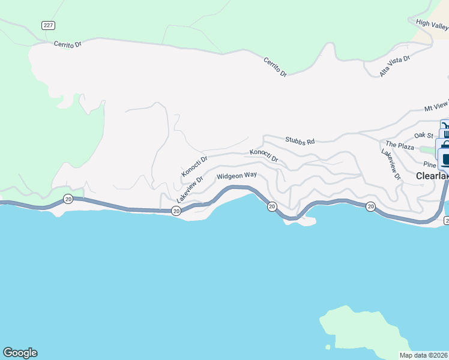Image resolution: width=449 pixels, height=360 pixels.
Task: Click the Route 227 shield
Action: [48, 25]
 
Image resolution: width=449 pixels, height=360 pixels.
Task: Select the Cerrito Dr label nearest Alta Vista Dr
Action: [275, 66]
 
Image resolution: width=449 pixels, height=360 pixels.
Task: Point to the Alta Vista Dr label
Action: [394, 67]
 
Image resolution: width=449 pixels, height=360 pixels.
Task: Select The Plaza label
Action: [400, 145]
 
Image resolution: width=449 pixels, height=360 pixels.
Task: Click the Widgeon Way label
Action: [237, 176]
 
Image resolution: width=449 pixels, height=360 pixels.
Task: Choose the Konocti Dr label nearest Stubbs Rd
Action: [264, 156]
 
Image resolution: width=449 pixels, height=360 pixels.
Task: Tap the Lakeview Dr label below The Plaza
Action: [391, 164]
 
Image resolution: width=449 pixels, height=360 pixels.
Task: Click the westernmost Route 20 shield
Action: [68, 199]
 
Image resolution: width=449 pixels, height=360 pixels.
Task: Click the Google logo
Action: [20, 353]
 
